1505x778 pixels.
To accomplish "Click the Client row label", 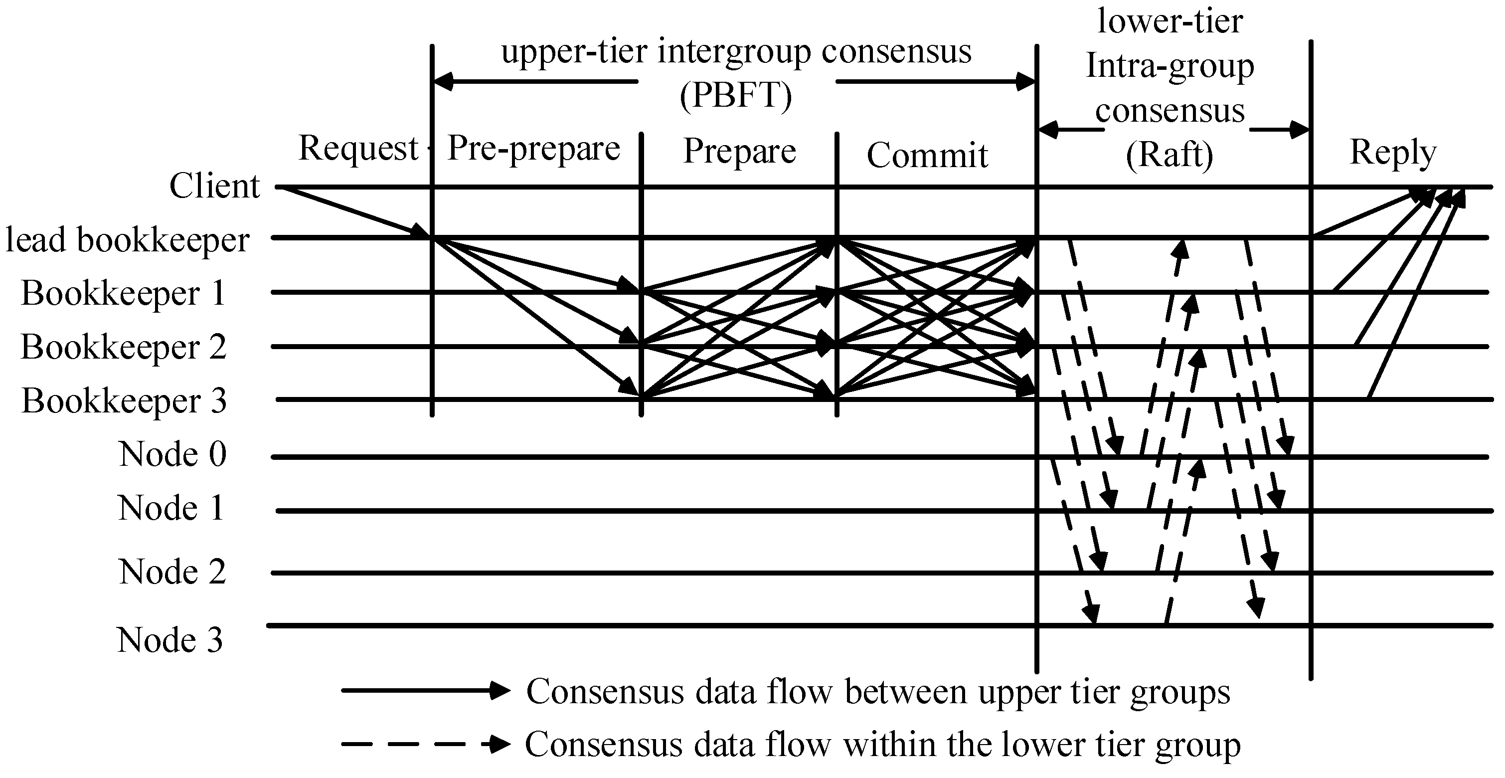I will coord(214,187).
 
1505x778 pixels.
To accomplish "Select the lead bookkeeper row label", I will coord(127,240).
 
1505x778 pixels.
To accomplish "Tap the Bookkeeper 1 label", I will coord(123,293).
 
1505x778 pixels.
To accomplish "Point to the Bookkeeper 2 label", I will coord(123,347).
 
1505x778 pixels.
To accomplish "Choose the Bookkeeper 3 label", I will coord(124,401).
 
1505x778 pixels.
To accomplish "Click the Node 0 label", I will coord(172,454).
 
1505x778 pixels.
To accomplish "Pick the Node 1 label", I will coord(171,507).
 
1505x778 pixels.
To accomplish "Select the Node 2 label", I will coord(172,571).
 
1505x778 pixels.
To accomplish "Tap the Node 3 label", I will coord(170,640).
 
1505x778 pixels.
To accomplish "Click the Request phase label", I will coord(358,149).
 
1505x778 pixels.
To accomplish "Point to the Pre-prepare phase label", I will coord(533,149).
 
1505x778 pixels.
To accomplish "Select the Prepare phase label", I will coord(740,152).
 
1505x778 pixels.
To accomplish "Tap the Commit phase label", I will coord(927,156).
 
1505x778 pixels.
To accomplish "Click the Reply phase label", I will coord(1393,153).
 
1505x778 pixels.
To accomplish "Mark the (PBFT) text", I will coord(736,95).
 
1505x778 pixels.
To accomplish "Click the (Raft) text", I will coord(1170,156).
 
